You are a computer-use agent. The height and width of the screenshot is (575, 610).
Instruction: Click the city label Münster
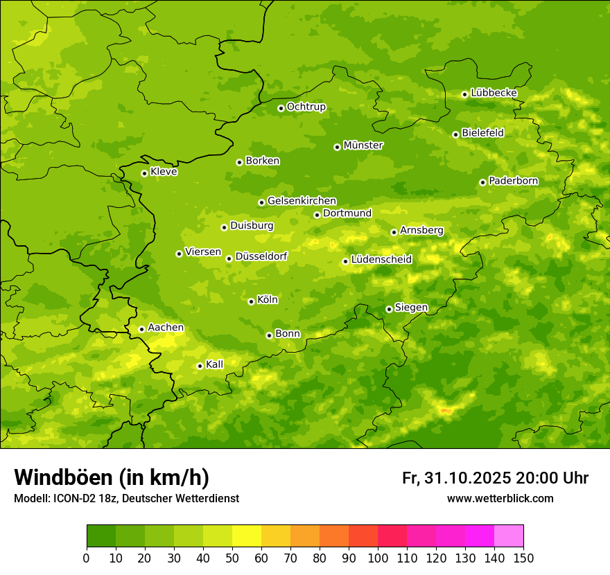(x=363, y=145)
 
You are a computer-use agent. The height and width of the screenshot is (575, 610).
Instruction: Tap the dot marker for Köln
(x=251, y=301)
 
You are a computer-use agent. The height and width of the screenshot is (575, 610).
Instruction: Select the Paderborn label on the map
(x=513, y=181)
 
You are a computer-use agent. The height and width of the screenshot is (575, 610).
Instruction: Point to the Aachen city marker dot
(x=141, y=329)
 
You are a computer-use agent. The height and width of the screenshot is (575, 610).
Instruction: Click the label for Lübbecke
(x=494, y=93)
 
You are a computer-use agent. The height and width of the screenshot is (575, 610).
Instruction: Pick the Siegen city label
(x=411, y=308)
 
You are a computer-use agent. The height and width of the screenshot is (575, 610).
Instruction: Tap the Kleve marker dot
(x=144, y=173)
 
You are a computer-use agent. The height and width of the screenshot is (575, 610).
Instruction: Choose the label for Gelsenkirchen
(x=302, y=201)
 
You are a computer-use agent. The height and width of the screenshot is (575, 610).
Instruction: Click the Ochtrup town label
(x=306, y=107)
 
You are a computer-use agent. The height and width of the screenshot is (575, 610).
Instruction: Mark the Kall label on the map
(x=214, y=364)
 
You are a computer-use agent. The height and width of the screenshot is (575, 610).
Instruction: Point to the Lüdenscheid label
(x=381, y=260)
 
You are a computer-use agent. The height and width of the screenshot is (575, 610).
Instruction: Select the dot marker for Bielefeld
(x=455, y=134)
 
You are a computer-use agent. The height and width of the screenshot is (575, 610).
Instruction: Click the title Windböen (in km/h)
(x=112, y=477)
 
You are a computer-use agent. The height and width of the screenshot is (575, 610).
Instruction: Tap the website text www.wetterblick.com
(x=500, y=498)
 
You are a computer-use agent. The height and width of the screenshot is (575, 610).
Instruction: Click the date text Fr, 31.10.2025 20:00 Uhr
(x=495, y=478)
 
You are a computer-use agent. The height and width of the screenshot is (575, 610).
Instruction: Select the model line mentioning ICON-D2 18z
(x=126, y=499)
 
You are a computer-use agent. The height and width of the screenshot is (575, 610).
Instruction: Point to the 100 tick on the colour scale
(x=378, y=558)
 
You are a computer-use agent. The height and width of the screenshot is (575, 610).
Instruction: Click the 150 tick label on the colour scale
(x=523, y=558)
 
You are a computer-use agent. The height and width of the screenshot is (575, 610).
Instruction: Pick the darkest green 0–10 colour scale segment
(x=101, y=536)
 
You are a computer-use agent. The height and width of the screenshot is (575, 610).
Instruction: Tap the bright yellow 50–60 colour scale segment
(x=247, y=536)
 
